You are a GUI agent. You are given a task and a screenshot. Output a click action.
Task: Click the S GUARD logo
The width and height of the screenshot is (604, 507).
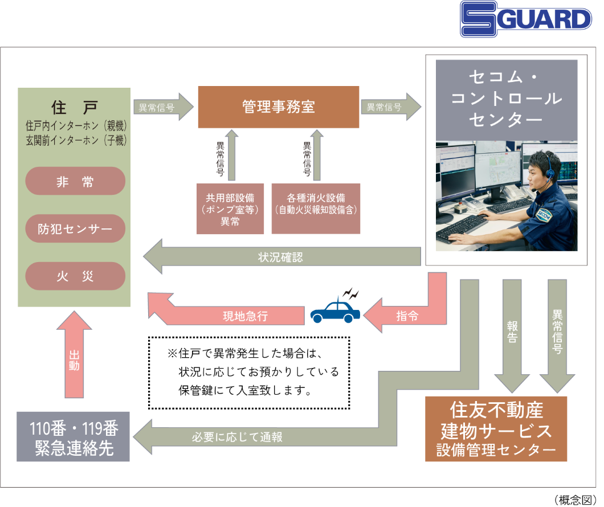point(526,19)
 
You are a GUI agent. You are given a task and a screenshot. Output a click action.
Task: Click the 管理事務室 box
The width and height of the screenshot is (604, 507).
point(278,107)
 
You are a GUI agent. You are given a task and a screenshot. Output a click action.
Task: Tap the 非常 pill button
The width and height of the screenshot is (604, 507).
point(75,182)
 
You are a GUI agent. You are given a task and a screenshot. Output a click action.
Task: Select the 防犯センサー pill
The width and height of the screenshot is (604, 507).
point(75,229)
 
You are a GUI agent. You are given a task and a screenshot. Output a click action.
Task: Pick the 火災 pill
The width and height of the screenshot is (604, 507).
point(75,276)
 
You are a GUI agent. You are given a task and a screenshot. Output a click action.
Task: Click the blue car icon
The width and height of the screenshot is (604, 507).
point(335,311)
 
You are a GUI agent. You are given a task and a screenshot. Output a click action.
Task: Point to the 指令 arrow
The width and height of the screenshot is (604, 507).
point(406,316)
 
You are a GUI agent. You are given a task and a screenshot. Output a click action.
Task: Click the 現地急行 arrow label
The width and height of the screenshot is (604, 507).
point(245,316)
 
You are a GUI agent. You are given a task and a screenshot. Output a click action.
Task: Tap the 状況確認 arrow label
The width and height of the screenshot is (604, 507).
point(280,257)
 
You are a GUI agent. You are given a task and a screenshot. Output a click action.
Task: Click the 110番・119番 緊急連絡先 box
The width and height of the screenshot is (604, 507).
point(73,436)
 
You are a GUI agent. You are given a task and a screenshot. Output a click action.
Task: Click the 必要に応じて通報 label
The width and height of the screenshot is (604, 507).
point(237,438)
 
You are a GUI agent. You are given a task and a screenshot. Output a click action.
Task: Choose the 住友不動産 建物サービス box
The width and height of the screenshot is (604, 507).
point(496,428)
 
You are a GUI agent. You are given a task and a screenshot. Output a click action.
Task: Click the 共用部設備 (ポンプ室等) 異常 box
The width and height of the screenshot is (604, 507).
point(230,209)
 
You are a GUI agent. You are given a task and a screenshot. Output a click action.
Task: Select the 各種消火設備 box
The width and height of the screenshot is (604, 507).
point(316,209)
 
